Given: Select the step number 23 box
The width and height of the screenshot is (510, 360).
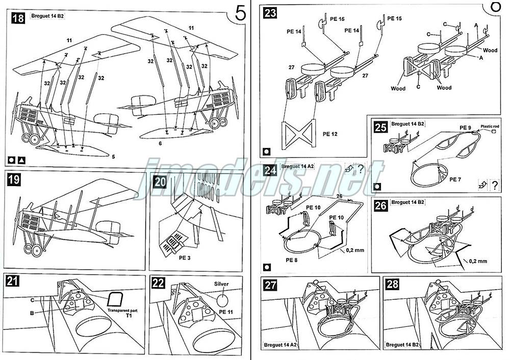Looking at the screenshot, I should (x=270, y=12).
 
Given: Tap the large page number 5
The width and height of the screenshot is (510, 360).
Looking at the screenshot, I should (x=241, y=14).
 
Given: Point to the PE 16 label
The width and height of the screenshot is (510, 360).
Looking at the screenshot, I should (x=337, y=19).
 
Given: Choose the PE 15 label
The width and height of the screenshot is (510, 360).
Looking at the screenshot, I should (x=395, y=18).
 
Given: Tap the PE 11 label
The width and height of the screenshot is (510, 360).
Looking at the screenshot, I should (x=228, y=312).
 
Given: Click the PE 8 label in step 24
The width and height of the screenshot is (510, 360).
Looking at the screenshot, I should (x=292, y=260).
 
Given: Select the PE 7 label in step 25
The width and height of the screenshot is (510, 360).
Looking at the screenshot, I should (x=456, y=179).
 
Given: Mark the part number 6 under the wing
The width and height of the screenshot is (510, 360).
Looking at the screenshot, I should (x=160, y=144).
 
